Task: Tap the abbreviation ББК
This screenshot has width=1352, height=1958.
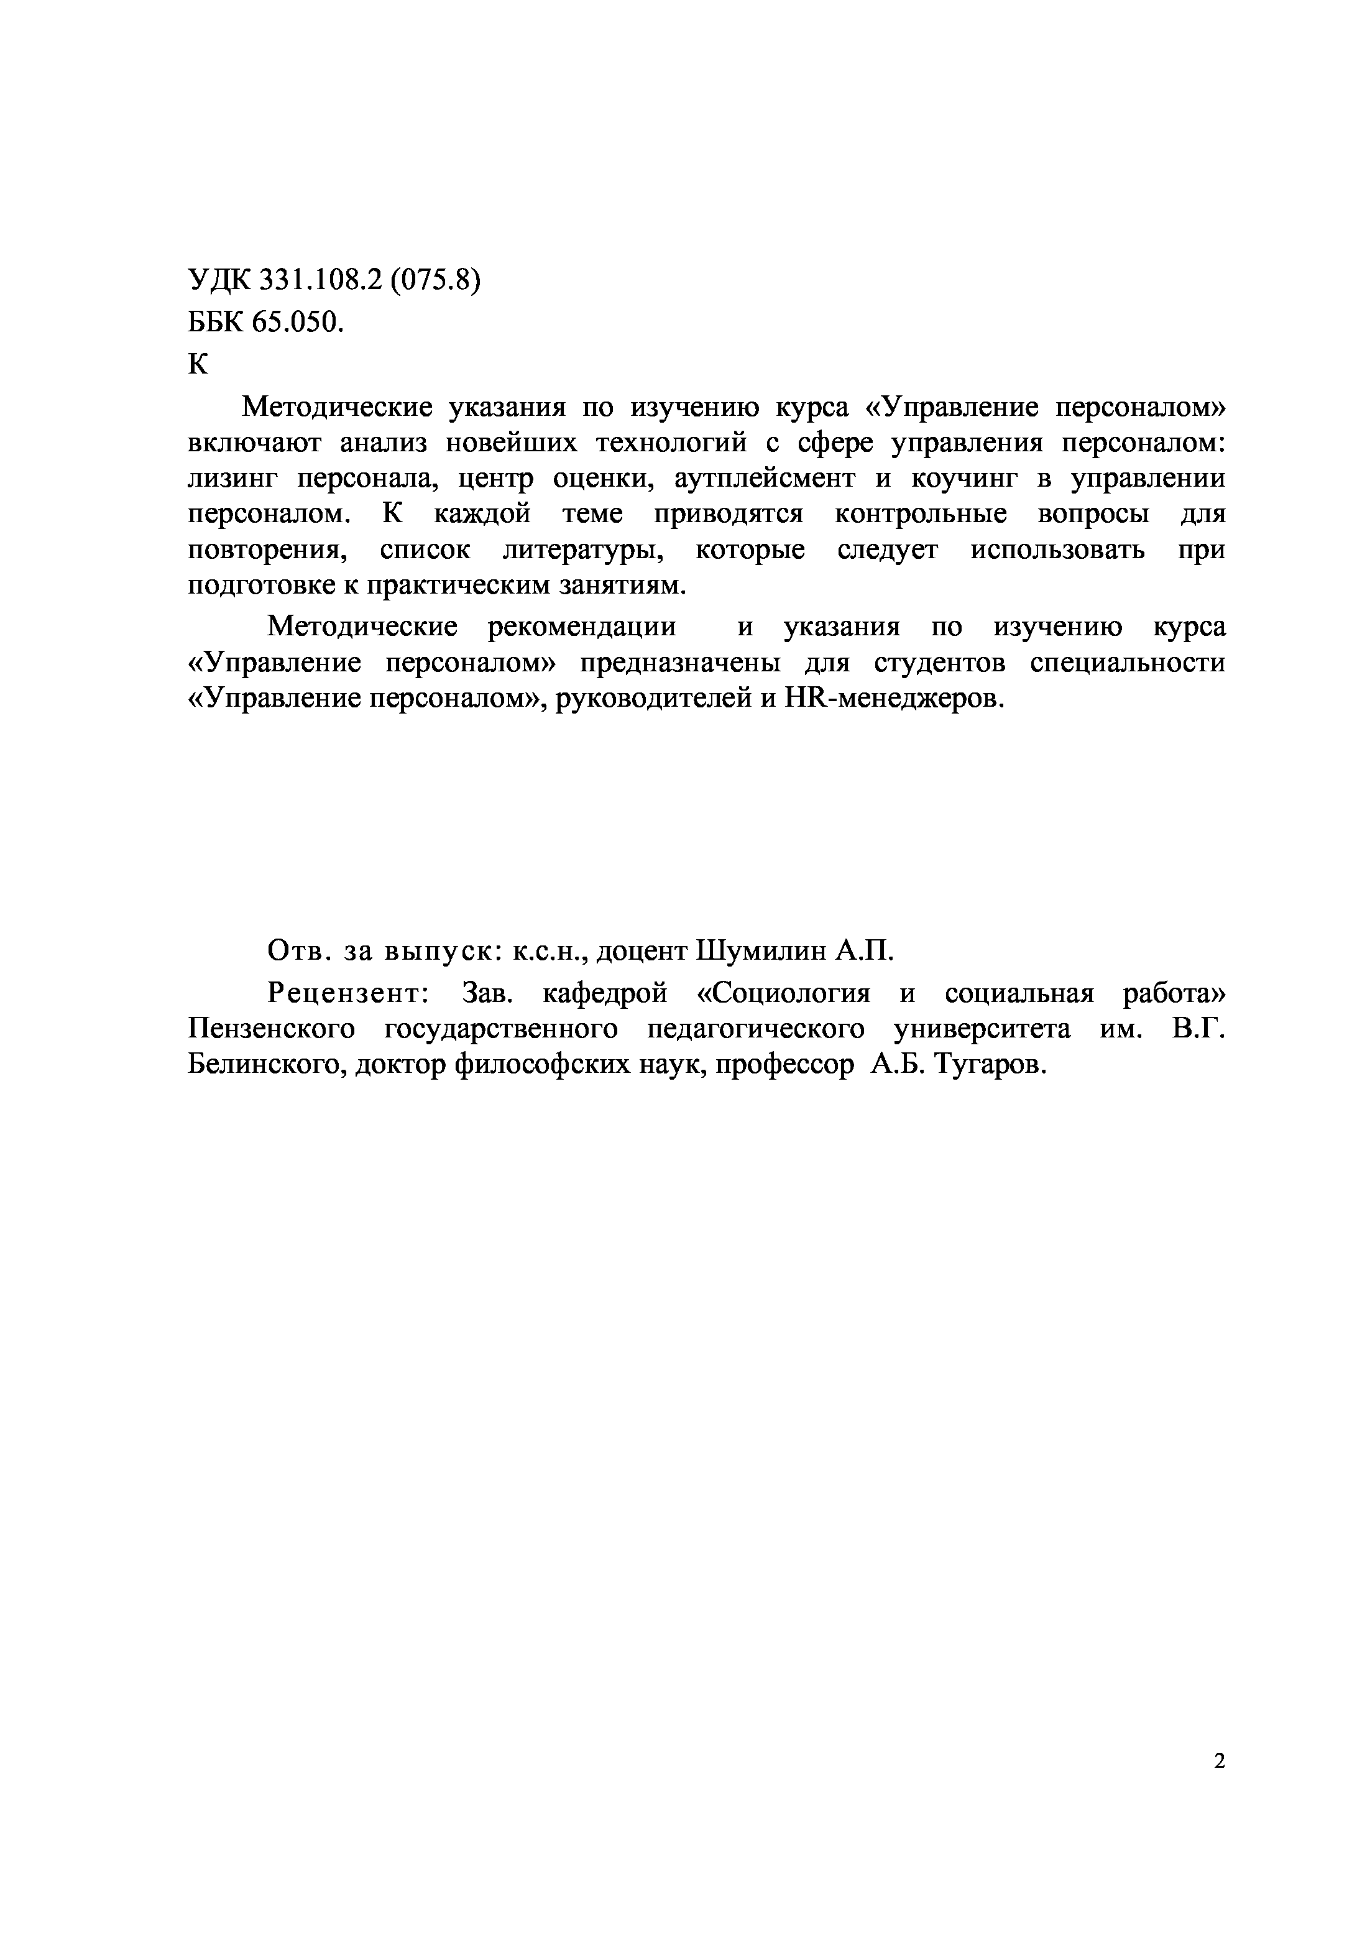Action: pos(214,322)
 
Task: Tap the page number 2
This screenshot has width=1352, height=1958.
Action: pos(1219,1762)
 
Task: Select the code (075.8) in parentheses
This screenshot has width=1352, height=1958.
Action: pos(435,280)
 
